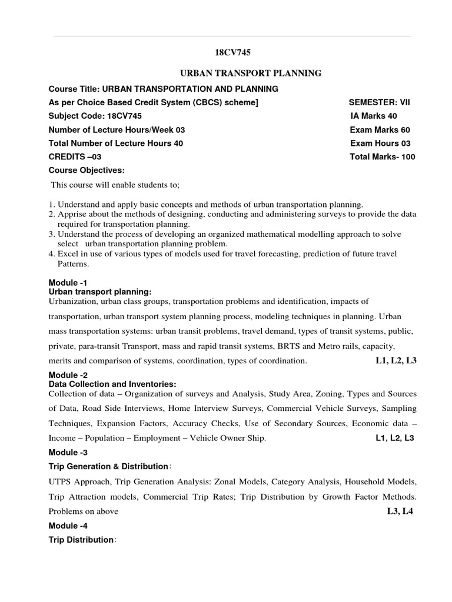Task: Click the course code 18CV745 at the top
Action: (x=229, y=52)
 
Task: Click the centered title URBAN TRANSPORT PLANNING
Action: (x=250, y=73)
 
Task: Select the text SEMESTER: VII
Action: (x=379, y=102)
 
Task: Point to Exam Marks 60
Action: (x=380, y=130)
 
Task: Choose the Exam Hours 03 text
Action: (x=380, y=143)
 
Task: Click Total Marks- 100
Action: (x=383, y=157)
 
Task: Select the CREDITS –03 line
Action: (x=71, y=157)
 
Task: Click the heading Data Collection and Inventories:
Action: (x=112, y=384)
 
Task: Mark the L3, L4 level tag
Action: (x=400, y=511)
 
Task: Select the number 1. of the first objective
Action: (x=51, y=203)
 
